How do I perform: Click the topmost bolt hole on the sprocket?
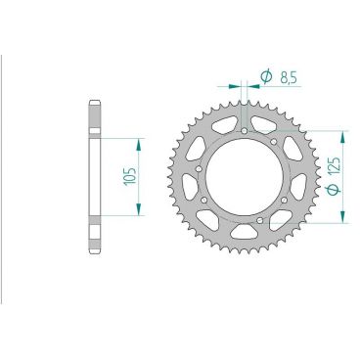[x=243, y=129]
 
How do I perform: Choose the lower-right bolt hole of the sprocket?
[x=284, y=202]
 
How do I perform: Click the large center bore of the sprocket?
[x=245, y=176]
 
